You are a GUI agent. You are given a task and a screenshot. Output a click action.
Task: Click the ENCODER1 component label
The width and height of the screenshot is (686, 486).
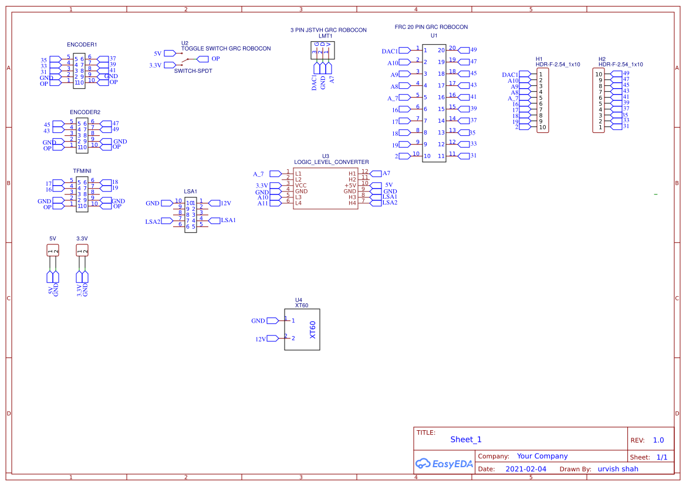(82, 45)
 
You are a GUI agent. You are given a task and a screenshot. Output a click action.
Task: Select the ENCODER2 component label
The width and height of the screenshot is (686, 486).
(85, 112)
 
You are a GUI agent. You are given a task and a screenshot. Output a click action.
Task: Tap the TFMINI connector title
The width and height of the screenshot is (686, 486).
(82, 170)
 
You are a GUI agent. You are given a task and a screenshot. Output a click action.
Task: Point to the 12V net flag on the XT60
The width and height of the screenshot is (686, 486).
(273, 339)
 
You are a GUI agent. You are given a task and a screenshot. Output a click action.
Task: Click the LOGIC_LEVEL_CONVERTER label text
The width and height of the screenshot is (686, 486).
(331, 162)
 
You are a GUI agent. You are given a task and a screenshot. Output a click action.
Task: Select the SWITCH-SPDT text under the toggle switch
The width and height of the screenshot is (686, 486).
(193, 71)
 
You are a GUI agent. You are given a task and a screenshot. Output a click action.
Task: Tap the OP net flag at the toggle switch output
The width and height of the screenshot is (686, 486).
(203, 59)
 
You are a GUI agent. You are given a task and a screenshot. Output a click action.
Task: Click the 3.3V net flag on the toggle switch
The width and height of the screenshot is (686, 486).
(169, 65)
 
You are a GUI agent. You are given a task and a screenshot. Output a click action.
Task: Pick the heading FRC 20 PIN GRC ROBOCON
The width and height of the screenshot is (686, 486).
(431, 28)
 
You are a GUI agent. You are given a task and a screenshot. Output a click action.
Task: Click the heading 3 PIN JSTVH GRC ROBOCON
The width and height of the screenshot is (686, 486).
(328, 30)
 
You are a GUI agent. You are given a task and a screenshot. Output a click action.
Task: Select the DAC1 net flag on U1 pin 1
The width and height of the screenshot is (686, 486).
(404, 51)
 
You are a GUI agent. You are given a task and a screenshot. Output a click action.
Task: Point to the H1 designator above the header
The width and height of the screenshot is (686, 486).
(539, 59)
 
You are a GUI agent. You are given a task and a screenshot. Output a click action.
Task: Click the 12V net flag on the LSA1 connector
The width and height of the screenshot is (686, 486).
(214, 203)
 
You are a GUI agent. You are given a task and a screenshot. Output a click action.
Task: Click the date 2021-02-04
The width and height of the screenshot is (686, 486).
(525, 469)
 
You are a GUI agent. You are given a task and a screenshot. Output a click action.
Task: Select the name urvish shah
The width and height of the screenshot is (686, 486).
(617, 469)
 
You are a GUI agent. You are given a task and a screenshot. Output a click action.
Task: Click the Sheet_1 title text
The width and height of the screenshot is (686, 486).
(465, 440)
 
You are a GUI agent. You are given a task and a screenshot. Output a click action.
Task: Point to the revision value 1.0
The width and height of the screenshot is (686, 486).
(658, 440)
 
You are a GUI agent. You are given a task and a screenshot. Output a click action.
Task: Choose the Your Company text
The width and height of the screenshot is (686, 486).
(542, 456)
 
